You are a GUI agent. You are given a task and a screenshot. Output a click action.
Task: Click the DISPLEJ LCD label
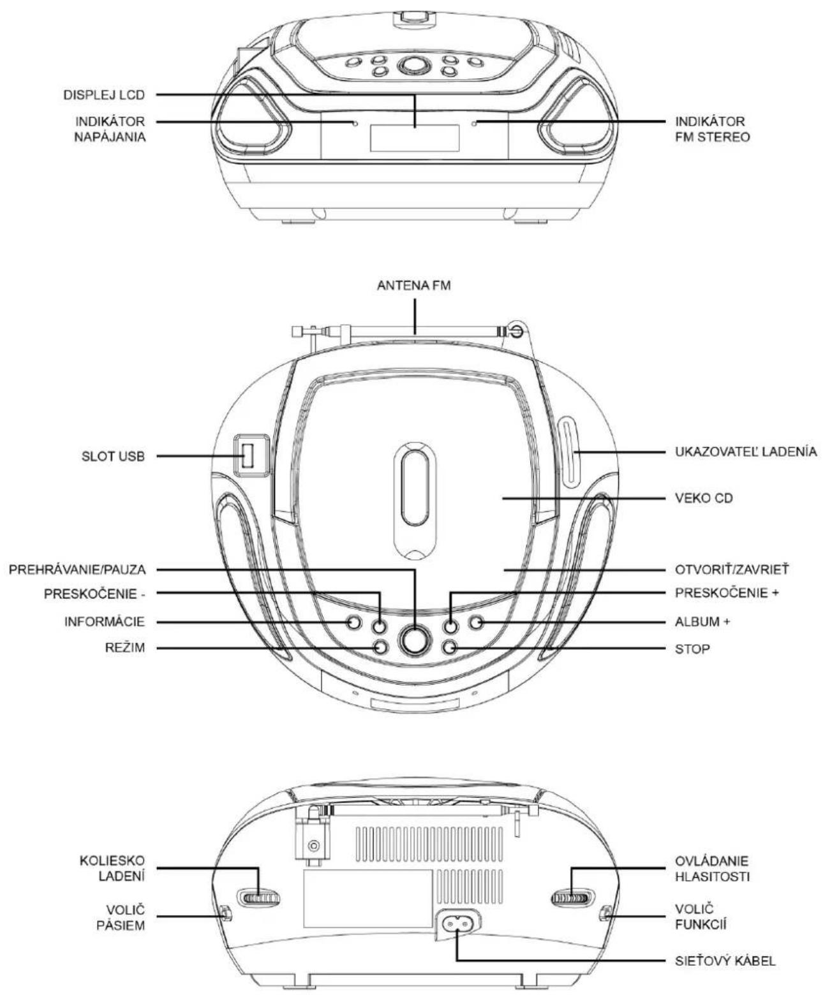(x=104, y=95)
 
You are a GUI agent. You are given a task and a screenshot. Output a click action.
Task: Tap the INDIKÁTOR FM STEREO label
(x=713, y=129)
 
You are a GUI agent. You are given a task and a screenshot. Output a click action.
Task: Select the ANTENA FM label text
(x=414, y=286)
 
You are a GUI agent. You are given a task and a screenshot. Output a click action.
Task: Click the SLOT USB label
(x=113, y=456)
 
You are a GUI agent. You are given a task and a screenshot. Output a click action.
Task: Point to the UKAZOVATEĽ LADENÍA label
(x=746, y=452)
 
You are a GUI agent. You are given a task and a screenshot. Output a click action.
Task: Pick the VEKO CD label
(x=704, y=498)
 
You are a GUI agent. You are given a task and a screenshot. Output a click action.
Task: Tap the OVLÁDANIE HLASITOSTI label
(x=713, y=869)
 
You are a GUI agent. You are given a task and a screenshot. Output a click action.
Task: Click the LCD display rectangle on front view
(x=414, y=138)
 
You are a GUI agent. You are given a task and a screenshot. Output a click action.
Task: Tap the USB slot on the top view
(x=248, y=455)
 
